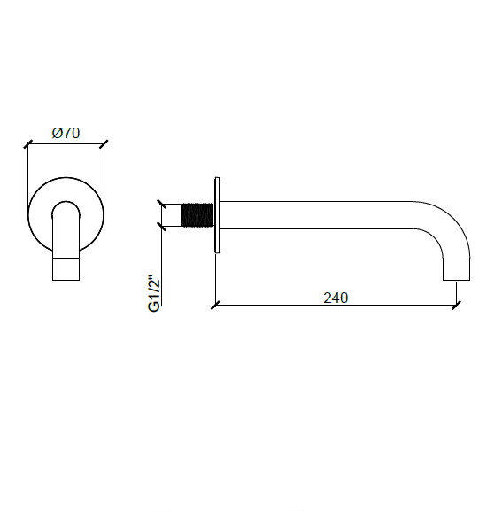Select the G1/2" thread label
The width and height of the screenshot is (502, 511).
click(x=152, y=291)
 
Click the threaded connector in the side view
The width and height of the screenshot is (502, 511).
click(x=198, y=215)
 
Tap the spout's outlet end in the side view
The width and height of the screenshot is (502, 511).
click(x=456, y=275)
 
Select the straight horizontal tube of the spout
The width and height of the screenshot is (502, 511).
click(x=328, y=215)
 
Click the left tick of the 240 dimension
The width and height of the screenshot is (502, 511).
click(x=215, y=306)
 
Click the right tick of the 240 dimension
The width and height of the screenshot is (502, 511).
click(x=456, y=306)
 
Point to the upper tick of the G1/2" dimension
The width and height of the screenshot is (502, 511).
click(x=161, y=203)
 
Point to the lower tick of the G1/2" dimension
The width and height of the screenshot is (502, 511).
click(x=161, y=227)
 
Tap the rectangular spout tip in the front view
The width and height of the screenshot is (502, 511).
click(x=66, y=269)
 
